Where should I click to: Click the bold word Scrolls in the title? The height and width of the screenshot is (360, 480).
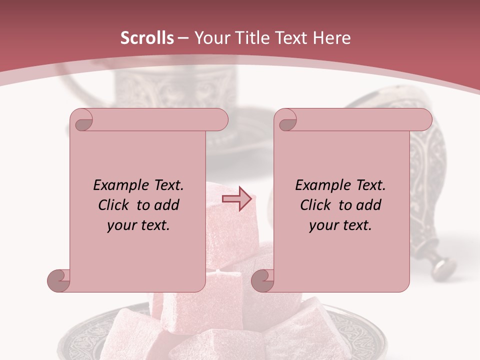click(147, 38)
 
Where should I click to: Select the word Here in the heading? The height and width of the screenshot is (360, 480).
click(332, 38)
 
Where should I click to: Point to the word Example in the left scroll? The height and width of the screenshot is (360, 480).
click(119, 185)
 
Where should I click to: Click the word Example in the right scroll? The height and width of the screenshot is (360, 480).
click(321, 185)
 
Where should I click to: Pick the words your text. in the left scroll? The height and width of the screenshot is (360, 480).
click(138, 225)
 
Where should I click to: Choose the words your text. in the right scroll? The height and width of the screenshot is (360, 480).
click(340, 225)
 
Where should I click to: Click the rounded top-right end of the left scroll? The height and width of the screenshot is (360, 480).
click(220, 120)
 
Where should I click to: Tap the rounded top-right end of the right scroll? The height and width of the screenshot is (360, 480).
click(424, 120)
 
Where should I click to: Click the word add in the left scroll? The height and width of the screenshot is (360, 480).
click(166, 205)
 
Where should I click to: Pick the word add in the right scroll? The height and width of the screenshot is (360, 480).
click(368, 205)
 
